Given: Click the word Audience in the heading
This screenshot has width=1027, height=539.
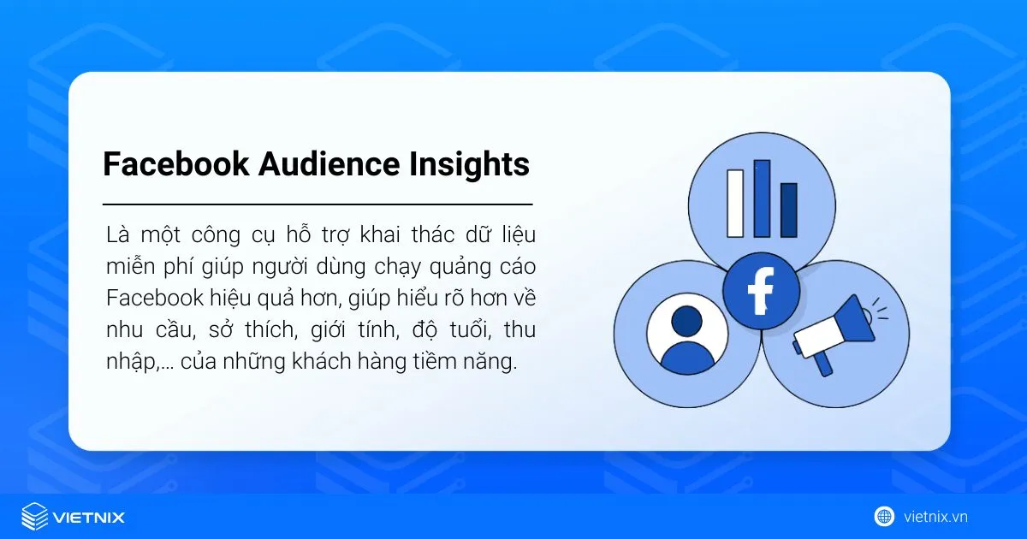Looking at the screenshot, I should pos(316,163).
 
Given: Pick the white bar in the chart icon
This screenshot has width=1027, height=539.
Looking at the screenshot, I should pos(735,203).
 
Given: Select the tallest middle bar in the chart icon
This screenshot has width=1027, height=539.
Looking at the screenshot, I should pos(762,198).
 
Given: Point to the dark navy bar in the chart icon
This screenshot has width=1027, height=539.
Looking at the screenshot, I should pos(788,210).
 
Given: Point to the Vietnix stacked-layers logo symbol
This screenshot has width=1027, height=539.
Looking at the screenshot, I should pos(34,517).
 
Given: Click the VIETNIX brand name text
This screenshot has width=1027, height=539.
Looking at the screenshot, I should pos(89,518).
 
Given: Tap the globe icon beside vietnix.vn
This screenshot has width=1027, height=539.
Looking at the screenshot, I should pos(884,516).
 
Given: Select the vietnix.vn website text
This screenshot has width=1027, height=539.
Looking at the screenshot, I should pos(935,517).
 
